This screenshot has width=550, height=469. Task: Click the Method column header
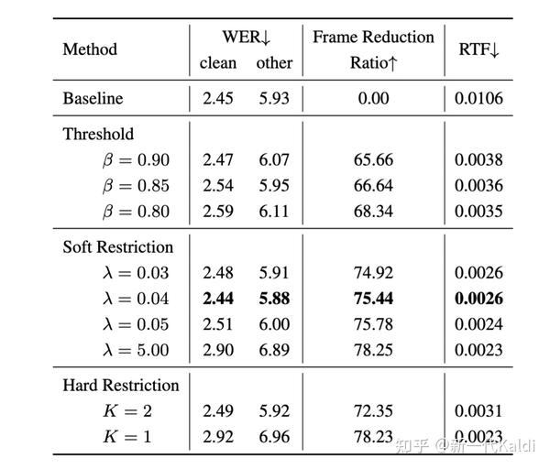90,49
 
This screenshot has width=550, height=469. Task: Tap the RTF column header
478,49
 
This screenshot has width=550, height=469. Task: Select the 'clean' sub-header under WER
218,63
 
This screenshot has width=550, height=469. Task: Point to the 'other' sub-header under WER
274,63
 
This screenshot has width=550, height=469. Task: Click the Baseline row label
93,98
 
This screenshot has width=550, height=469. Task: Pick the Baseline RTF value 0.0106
478,98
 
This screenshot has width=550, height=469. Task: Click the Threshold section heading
98,134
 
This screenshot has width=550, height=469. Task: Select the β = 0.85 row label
136,185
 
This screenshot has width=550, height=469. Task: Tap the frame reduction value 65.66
373,159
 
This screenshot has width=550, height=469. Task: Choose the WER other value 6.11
274,212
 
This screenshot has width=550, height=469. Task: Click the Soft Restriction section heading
118,246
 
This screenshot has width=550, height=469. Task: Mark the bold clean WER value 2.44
218,299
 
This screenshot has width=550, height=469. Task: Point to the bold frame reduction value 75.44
373,299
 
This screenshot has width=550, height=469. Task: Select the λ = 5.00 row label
136,350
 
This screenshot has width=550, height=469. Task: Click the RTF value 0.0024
478,324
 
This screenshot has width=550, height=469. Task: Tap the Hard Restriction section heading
121,385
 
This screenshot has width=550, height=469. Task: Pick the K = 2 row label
127,410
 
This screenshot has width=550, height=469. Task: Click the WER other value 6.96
274,437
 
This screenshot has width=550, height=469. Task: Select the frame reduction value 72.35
373,410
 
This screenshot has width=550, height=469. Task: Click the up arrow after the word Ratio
393,63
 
